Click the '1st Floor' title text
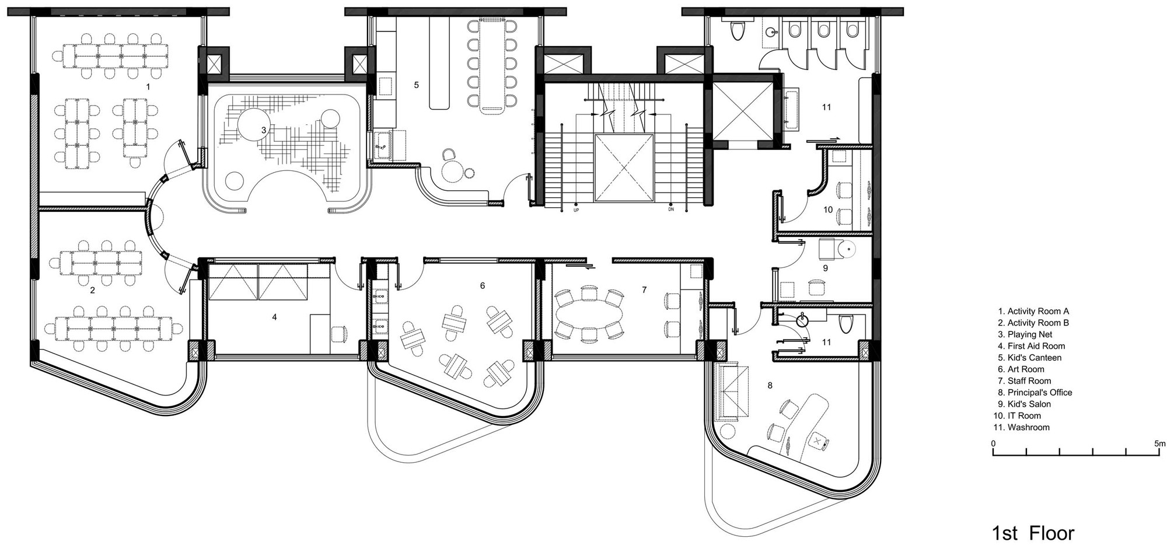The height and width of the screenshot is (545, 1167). pyautogui.click(x=1033, y=533)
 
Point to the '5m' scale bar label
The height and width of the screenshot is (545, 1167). pyautogui.click(x=1159, y=443)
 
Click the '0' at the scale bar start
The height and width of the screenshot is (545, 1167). pyautogui.click(x=994, y=443)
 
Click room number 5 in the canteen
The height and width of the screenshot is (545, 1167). pyautogui.click(x=416, y=85)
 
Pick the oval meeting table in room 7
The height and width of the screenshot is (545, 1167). pyautogui.click(x=589, y=316)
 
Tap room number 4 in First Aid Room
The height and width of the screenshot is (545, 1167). pyautogui.click(x=274, y=317)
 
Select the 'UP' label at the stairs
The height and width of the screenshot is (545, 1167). pyautogui.click(x=576, y=209)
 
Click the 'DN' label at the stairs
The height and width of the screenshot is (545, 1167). pyautogui.click(x=671, y=209)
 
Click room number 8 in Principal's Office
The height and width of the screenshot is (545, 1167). pyautogui.click(x=770, y=386)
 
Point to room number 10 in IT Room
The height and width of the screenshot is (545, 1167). pyautogui.click(x=827, y=209)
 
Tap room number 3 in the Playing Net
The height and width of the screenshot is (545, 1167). pyautogui.click(x=264, y=130)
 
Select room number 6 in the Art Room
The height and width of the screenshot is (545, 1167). pyautogui.click(x=482, y=286)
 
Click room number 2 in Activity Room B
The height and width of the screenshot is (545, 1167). pyautogui.click(x=92, y=289)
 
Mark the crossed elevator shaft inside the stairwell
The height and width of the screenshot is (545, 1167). pyautogui.click(x=623, y=167)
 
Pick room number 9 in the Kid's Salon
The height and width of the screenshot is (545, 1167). pyautogui.click(x=825, y=268)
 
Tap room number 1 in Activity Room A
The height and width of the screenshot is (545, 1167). pyautogui.click(x=148, y=86)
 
